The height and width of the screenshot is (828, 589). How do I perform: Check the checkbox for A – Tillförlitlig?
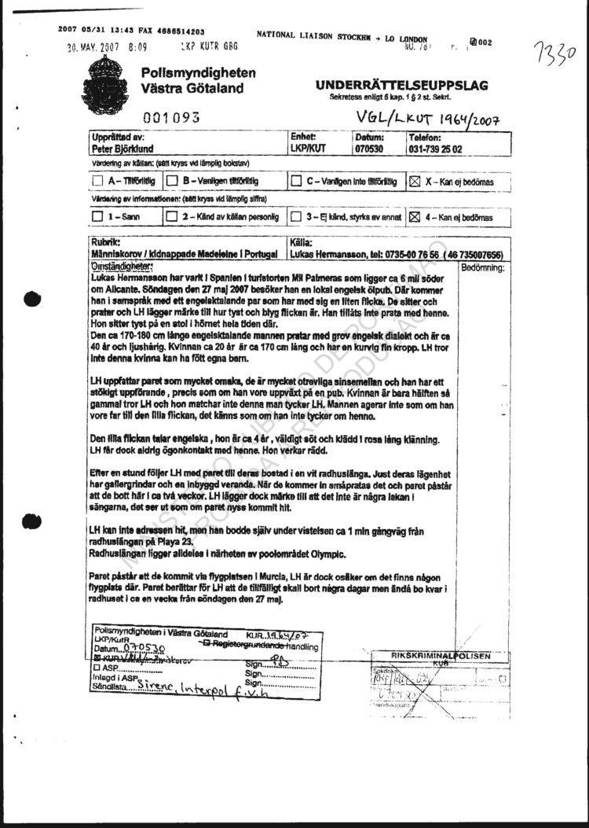(x=97, y=181)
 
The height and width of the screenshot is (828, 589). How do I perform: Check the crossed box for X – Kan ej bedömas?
(x=414, y=182)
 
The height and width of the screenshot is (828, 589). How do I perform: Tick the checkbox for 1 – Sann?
(x=97, y=215)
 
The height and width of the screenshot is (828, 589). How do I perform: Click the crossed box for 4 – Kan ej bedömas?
(x=414, y=215)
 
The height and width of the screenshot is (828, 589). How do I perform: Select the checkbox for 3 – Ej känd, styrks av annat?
(x=295, y=215)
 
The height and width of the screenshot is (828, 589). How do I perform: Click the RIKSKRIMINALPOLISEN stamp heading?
(x=441, y=655)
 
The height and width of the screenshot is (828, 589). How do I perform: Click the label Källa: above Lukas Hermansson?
(x=302, y=244)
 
